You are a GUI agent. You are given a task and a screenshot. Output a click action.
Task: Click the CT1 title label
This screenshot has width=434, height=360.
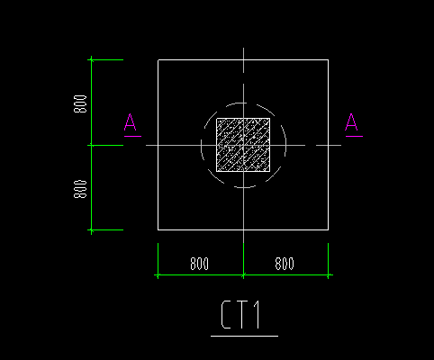[240, 315]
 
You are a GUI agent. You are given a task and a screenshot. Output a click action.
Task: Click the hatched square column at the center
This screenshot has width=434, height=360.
[243, 145]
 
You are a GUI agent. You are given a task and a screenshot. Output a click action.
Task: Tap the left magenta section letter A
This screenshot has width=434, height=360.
[131, 121]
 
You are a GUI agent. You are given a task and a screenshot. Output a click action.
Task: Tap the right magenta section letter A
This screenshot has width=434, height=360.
[351, 121]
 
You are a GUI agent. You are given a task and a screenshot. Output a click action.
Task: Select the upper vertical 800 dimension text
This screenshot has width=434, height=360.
[80, 103]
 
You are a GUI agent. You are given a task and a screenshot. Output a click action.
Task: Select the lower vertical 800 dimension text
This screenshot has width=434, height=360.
[80, 189]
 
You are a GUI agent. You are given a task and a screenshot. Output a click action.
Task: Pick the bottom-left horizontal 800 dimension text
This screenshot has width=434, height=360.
[200, 264]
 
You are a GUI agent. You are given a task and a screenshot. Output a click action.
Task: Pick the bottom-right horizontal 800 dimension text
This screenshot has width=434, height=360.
[285, 264]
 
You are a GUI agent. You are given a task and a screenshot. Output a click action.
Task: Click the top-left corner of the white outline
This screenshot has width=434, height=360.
[158, 60]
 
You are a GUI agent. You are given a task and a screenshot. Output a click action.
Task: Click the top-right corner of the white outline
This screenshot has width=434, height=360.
[328, 60]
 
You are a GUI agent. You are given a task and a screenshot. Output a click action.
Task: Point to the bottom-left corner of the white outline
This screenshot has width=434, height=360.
[158, 229]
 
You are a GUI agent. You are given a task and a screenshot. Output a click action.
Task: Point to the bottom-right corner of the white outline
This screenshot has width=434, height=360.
[328, 229]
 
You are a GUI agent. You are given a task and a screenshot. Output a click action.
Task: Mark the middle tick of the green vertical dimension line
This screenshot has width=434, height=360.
[92, 145]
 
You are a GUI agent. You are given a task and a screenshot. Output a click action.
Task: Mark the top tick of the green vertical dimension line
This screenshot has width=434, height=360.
[92, 60]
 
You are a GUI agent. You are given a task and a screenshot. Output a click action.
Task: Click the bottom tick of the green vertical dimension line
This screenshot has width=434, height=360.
[92, 230]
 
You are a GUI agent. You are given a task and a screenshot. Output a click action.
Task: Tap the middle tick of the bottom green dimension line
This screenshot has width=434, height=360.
[243, 274]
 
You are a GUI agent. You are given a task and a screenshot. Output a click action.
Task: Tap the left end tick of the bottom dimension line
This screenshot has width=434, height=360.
[158, 274]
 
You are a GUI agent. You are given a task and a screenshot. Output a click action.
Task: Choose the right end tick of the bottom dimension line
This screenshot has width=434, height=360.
[328, 274]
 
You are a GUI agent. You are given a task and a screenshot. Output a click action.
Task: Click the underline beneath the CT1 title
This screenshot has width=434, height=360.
[244, 336]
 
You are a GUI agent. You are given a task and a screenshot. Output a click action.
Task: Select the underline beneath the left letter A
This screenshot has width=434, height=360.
[132, 136]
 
